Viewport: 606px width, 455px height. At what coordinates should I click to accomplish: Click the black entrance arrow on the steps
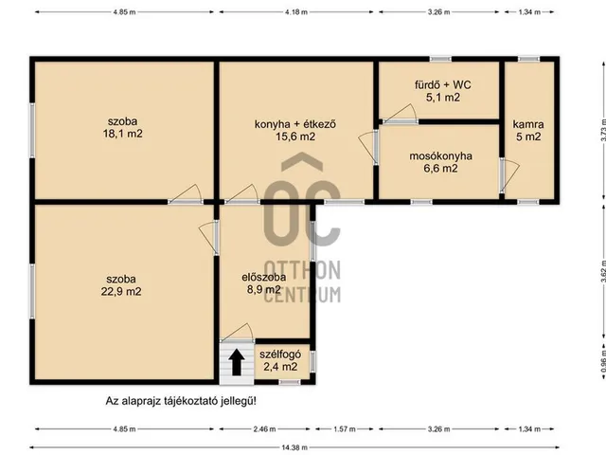pos(237,362)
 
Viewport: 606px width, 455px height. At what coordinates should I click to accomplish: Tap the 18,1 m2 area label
pos(122,134)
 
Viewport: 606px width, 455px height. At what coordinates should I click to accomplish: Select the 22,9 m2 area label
pos(121,291)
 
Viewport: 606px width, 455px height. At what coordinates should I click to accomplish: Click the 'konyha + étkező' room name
pos(295,124)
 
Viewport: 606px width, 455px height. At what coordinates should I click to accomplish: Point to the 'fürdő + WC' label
pos(443,84)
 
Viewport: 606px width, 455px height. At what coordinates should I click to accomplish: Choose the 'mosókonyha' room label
pos(440,155)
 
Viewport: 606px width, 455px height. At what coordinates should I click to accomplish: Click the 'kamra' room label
pos(528,124)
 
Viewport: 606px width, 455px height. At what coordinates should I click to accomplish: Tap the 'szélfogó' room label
pos(280,355)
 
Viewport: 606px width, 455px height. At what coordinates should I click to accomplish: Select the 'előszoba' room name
pos(264,277)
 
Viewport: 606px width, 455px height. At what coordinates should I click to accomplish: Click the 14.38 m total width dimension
pos(294,447)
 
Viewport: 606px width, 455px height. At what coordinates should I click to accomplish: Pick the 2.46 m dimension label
pos(265,429)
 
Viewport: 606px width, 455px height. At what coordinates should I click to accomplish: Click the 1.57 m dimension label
pos(345,429)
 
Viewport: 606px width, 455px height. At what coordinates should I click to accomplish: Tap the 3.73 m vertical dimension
pos(603,131)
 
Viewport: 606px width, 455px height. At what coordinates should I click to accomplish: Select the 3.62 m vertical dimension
pos(603,277)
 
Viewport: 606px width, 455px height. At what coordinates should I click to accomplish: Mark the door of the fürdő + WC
pos(400,115)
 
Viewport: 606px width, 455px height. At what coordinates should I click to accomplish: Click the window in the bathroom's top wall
pos(440,59)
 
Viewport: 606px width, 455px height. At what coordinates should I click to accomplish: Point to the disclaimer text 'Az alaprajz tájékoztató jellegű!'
pos(181,401)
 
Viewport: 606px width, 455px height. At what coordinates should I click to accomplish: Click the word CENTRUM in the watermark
pos(302,295)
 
